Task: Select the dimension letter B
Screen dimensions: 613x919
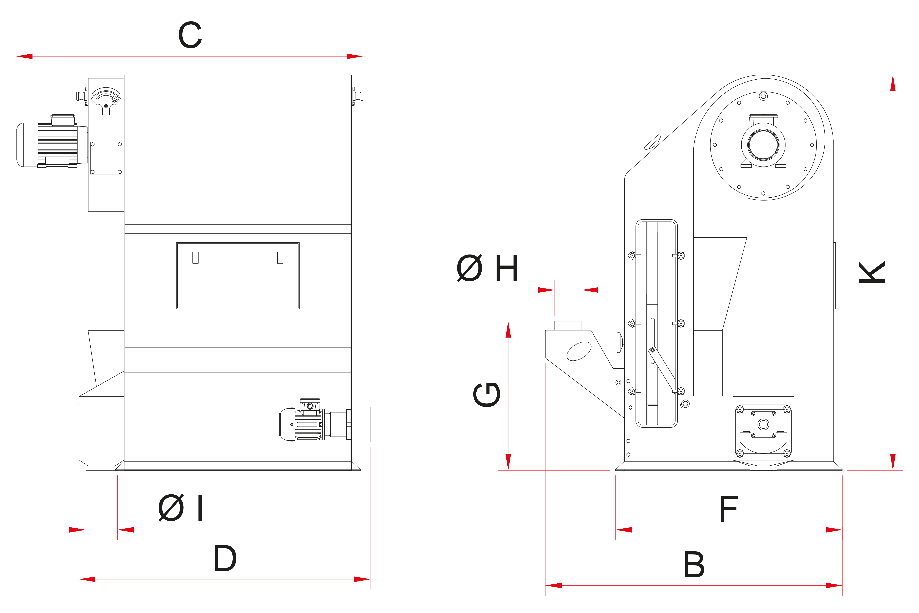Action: tap(694, 565)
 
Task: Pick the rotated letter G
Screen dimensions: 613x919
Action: tap(487, 395)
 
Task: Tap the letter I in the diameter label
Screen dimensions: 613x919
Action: tap(200, 508)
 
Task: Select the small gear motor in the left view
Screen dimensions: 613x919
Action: tap(309, 424)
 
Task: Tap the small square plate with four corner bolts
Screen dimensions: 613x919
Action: tap(106, 158)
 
